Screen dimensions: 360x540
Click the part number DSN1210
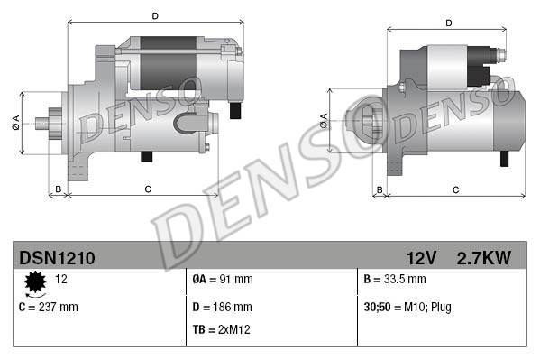[x=57, y=258]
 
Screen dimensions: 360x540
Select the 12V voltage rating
[x=421, y=258]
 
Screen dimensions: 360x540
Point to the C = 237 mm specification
[x=49, y=307]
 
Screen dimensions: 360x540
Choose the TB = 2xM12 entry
[x=222, y=329]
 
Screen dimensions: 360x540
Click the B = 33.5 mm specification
[x=395, y=280]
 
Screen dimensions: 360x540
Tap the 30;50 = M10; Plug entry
[x=407, y=307]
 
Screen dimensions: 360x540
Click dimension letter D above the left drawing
[x=155, y=15]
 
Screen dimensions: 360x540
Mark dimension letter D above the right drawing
[x=446, y=23]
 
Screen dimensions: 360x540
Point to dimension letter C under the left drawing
[x=147, y=189]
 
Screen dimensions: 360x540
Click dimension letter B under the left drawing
[x=59, y=189]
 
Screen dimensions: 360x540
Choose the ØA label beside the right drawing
[x=324, y=119]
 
